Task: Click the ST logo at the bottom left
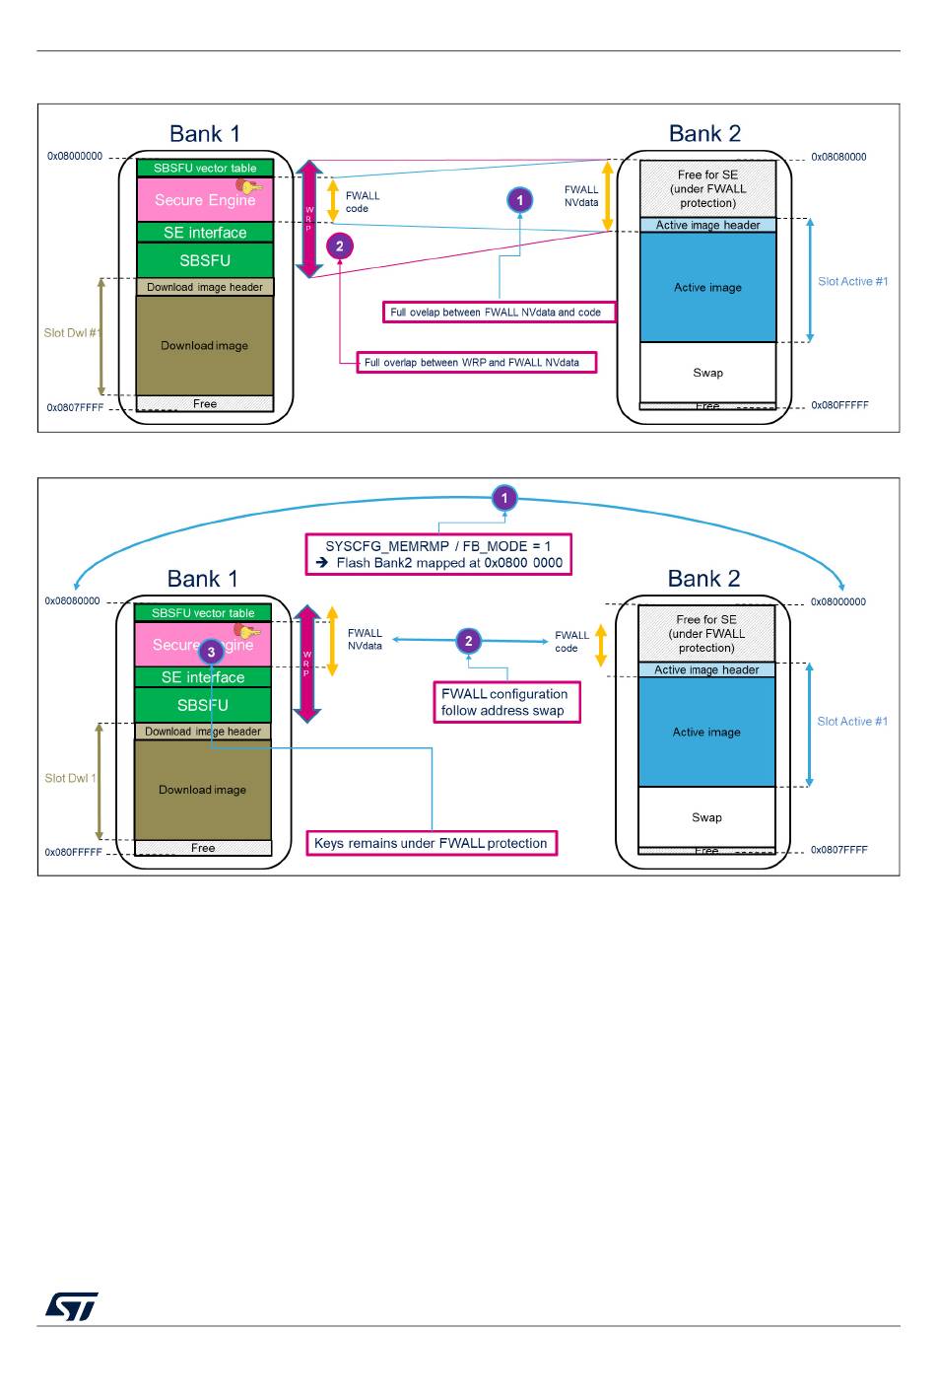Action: (x=72, y=1305)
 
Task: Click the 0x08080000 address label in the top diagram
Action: (x=838, y=157)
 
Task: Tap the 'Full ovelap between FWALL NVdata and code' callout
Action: (x=499, y=312)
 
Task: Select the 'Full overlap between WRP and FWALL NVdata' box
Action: (x=477, y=363)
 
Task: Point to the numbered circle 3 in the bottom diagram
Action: (x=211, y=652)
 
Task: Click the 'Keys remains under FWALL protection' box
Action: (x=432, y=843)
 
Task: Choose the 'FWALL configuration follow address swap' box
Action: (x=507, y=702)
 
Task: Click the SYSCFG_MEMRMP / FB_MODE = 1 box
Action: (x=438, y=554)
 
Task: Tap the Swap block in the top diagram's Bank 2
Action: (x=707, y=373)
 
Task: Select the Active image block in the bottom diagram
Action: (x=706, y=732)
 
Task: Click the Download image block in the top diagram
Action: (x=205, y=346)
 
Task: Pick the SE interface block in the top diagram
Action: (x=205, y=233)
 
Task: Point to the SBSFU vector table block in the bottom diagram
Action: (x=203, y=613)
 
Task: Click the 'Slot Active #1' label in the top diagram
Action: (x=852, y=281)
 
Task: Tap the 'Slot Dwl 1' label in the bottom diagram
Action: (x=70, y=778)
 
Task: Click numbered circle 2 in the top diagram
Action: (x=340, y=246)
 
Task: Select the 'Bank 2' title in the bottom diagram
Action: (x=703, y=579)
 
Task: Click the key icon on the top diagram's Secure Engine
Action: (x=250, y=185)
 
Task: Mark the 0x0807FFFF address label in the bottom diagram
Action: (x=838, y=850)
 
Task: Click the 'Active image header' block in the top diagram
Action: (x=707, y=225)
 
